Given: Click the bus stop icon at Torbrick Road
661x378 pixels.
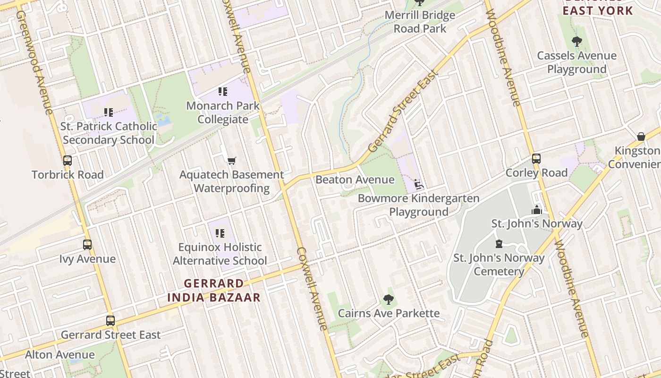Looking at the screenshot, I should click(68, 161).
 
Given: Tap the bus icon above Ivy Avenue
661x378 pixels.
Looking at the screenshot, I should click(87, 245).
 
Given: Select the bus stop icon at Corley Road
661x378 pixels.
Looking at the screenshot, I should click(536, 159).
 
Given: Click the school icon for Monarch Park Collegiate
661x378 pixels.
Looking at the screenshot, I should click(222, 92).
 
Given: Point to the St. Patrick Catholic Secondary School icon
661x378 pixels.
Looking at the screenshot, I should click(109, 112).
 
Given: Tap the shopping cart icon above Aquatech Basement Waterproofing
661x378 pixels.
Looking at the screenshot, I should click(231, 161).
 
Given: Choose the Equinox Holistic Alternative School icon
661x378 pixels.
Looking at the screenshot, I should click(220, 233).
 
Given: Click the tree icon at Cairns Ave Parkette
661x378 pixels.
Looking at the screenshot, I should click(388, 299).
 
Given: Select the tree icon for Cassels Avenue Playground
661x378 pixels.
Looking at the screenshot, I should click(576, 42).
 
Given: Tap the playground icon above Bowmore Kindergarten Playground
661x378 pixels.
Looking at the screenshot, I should click(418, 184).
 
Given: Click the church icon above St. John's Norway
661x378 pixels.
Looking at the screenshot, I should click(537, 210).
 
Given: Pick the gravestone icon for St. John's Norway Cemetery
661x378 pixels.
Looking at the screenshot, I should click(499, 244).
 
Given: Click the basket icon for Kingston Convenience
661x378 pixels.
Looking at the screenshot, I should click(641, 137).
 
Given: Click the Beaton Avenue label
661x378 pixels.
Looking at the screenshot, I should click(355, 180).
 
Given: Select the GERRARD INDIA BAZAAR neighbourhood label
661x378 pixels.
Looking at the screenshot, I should click(214, 290).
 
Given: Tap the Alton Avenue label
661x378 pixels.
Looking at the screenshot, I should click(60, 354).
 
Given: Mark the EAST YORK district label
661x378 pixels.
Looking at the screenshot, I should click(598, 10).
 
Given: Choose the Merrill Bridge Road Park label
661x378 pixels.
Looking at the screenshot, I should click(420, 22).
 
